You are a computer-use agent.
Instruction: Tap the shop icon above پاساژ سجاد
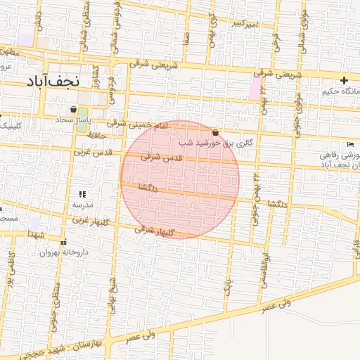tap(73, 110)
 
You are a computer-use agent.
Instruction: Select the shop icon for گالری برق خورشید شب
tap(214, 132)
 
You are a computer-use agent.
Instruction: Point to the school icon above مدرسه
tap(82, 194)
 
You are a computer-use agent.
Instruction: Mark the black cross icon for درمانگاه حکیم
tap(344, 81)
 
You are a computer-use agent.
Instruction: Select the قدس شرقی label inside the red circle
tap(162, 157)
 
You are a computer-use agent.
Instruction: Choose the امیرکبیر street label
tap(248, 25)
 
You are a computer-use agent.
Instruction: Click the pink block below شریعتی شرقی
tap(255, 89)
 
